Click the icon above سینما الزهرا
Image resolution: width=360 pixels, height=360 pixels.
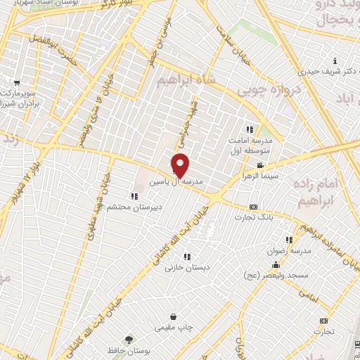pyautogui.click(x=261, y=165)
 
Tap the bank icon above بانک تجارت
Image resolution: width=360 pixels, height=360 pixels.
pyautogui.click(x=253, y=207)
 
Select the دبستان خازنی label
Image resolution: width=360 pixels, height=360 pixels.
pyautogui.click(x=184, y=267)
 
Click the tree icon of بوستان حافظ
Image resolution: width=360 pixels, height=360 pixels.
pyautogui.click(x=128, y=340)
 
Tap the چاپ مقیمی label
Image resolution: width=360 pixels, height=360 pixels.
pyautogui.click(x=172, y=328)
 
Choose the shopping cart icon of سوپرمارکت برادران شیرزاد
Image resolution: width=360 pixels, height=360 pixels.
pyautogui.click(x=15, y=82)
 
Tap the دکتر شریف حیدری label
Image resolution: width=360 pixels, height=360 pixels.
pyautogui.click(x=321, y=71)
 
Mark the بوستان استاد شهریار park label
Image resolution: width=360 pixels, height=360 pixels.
pyautogui.click(x=58, y=4)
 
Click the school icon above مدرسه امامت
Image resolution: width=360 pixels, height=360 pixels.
pyautogui.click(x=248, y=129)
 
